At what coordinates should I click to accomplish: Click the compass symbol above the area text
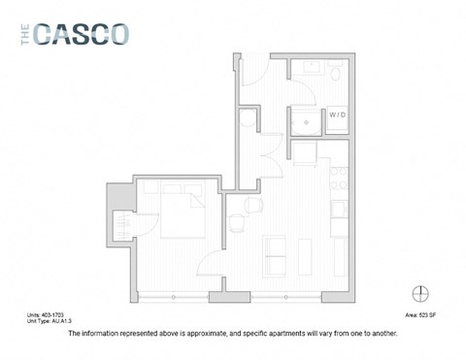pos(420,292)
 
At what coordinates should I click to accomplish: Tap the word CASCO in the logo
pos(82,34)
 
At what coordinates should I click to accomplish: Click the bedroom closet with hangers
pos(124,224)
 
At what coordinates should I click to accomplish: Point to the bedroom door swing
pos(210,259)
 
